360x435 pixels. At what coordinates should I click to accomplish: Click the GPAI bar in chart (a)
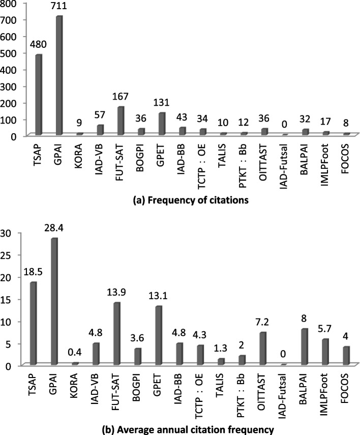pos(59,75)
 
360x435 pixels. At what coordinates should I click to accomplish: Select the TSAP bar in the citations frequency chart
pos(39,95)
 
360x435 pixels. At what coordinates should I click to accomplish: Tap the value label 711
pos(59,6)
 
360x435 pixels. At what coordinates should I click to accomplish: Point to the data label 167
pos(121,96)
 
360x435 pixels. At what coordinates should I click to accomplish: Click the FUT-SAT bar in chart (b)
pos(117,333)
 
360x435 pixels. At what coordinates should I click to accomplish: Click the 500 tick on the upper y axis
pos(9,53)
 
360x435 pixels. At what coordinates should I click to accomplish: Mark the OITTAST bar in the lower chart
pos(263,348)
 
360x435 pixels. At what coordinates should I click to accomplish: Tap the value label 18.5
pos(33,272)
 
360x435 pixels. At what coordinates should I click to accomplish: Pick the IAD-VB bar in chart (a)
pos(100,130)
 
